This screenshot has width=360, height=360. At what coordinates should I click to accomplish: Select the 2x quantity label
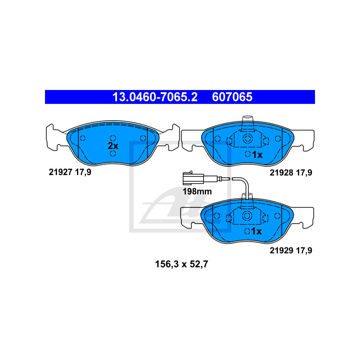pos(112,146)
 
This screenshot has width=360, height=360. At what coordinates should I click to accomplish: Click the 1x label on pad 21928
pos(256,155)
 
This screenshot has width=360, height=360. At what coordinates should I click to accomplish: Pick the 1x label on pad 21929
pos(256,231)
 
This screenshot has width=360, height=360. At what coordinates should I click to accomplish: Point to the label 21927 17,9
pos(70,171)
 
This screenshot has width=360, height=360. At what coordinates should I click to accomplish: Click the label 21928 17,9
pos(291,172)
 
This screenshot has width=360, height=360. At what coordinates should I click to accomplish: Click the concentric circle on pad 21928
pos(247,139)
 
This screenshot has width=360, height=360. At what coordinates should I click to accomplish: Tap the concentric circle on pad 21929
pos(247,216)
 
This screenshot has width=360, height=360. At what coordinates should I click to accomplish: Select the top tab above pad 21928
pos(247,122)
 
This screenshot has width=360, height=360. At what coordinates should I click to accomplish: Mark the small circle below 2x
pos(112,154)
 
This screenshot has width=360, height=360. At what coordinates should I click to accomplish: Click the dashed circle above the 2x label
pos(112,138)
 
